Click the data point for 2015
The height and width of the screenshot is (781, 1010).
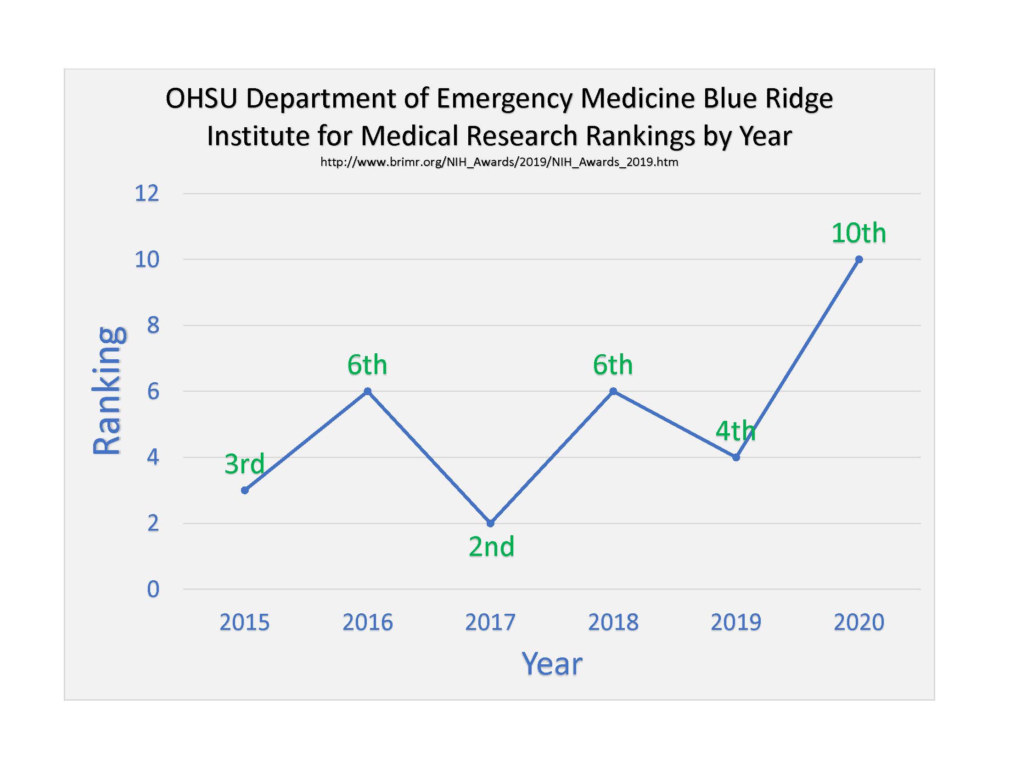(x=245, y=491)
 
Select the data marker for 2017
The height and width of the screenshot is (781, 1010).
(x=491, y=523)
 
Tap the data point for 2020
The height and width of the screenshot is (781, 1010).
(x=859, y=260)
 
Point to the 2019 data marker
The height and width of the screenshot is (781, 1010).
(x=736, y=458)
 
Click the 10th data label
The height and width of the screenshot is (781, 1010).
(x=858, y=233)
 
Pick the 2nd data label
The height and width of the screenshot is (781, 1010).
(x=491, y=546)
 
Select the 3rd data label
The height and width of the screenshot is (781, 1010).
(x=244, y=464)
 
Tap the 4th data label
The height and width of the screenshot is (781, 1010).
(x=735, y=431)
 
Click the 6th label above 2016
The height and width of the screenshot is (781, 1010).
(x=367, y=365)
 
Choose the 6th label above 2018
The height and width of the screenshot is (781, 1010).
(x=613, y=365)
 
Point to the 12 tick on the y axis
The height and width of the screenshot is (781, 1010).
(x=146, y=193)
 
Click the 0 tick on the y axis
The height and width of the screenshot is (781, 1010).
(x=153, y=589)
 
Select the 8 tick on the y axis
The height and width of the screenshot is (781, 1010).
(x=153, y=326)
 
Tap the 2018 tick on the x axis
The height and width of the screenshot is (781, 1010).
(x=613, y=622)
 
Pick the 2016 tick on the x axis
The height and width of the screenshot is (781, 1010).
(x=367, y=622)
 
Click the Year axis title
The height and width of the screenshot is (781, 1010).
(x=552, y=664)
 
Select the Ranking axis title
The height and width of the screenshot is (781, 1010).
(x=107, y=391)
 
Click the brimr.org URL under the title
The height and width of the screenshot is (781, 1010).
(x=499, y=162)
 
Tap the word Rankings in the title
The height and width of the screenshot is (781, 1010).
(x=640, y=136)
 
